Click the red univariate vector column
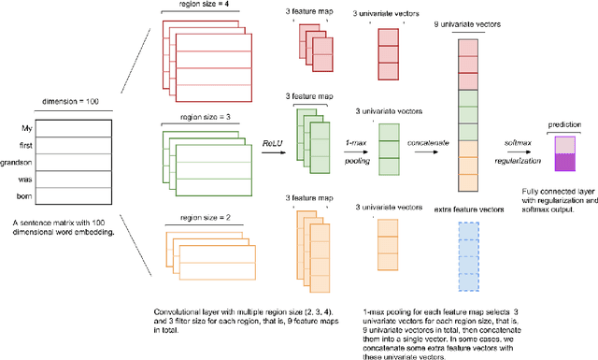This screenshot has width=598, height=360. click(x=391, y=59)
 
